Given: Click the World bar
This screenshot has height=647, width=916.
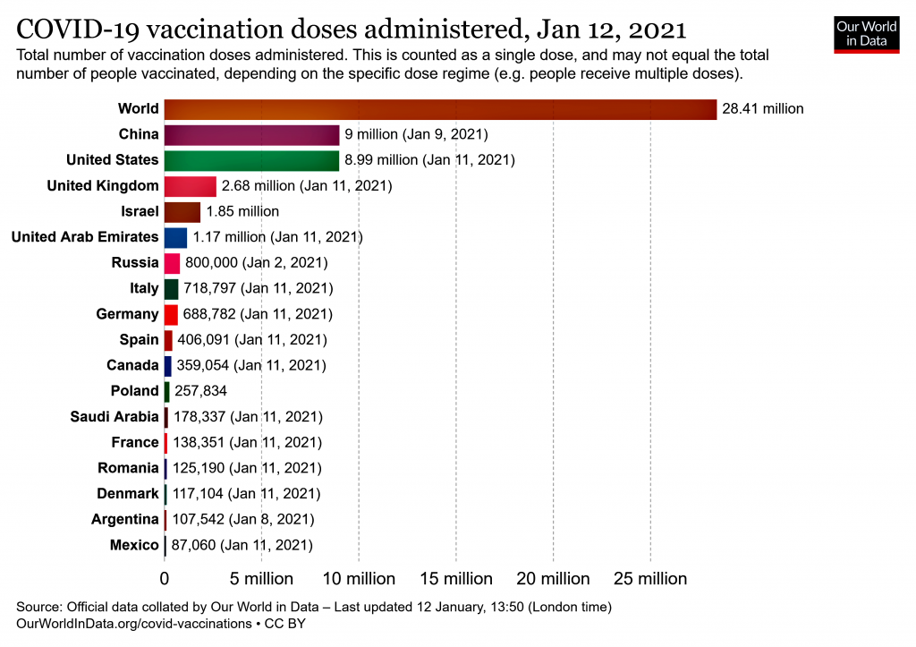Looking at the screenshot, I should coord(440,108).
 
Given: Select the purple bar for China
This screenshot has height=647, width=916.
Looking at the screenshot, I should coord(251,134).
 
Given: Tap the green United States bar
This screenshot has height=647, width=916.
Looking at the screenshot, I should coord(251,160).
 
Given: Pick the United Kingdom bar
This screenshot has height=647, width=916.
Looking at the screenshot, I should coord(190,186).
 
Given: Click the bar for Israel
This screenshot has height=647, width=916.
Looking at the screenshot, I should coord(182,211).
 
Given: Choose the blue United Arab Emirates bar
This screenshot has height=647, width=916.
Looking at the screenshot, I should coord(175,237).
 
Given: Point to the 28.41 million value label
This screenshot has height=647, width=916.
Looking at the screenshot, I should coord(762,109).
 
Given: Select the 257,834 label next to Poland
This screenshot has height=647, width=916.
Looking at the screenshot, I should coord(201,391).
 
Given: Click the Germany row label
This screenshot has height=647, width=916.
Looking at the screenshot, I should coord(127,314).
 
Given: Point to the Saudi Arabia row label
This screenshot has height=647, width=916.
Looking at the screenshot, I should coord(114,417).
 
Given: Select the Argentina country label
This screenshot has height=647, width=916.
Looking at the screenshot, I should coord(124,519).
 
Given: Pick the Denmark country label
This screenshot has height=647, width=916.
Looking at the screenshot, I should coord(128,494).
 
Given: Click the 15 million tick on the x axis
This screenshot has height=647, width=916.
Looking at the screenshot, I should coord(456,579).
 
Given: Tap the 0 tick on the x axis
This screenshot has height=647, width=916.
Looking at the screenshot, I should coord(165,579).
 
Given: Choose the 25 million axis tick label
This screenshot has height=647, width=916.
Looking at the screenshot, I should coord(650,579).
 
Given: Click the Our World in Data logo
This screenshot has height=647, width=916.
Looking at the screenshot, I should coord(866,33).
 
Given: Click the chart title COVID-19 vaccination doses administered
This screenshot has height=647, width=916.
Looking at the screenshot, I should coord(352,29).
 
